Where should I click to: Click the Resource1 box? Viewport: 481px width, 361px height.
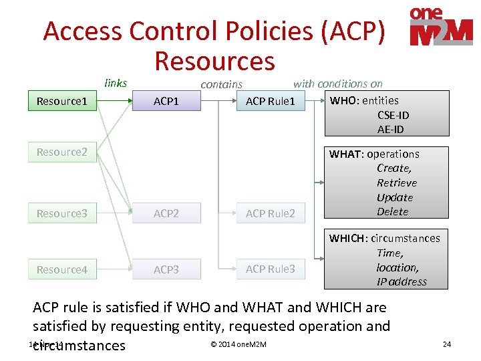61,102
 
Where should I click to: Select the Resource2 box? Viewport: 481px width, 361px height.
61,152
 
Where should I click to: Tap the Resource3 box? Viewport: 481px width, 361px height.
61,213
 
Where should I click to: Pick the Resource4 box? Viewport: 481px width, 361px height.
61,269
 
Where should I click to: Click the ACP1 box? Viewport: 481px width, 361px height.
166,102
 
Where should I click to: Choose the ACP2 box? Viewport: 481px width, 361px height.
166,213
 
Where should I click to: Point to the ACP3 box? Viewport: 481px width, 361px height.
166,269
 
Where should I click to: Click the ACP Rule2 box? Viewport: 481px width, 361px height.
271,213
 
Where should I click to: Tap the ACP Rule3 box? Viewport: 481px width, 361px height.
271,269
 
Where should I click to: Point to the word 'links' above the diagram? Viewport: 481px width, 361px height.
116,83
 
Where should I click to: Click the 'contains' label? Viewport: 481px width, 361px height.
221,84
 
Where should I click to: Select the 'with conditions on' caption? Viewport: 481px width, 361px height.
338,84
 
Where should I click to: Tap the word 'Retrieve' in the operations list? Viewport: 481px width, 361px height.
397,183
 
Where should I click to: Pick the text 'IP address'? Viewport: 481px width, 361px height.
402,281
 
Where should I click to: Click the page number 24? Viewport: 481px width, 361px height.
447,344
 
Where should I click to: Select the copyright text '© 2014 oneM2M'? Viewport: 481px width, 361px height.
238,344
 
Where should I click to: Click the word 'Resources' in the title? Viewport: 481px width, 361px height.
214,60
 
